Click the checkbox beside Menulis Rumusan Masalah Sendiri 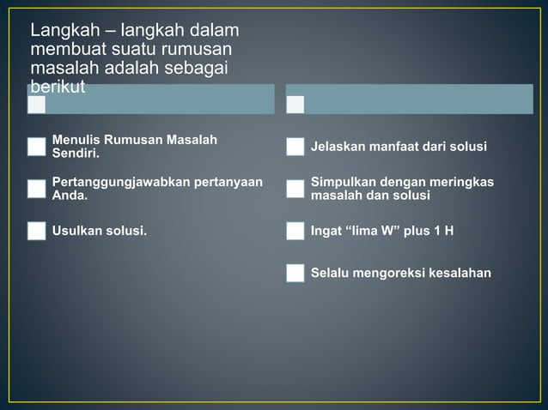pyautogui.click(x=36, y=147)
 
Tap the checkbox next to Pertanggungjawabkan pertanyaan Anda pyautogui.click(x=36, y=189)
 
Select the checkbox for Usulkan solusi pyautogui.click(x=36, y=231)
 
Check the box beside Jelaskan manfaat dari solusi pyautogui.click(x=295, y=147)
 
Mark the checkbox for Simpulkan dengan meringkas pyautogui.click(x=295, y=189)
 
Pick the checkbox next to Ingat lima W pyautogui.click(x=295, y=231)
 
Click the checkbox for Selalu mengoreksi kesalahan pyautogui.click(x=295, y=274)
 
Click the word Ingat pyautogui.click(x=326, y=231)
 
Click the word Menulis pyautogui.click(x=75, y=140)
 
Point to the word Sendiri pyautogui.click(x=75, y=154)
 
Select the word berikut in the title pyautogui.click(x=58, y=87)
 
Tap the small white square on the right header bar pyautogui.click(x=295, y=105)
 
